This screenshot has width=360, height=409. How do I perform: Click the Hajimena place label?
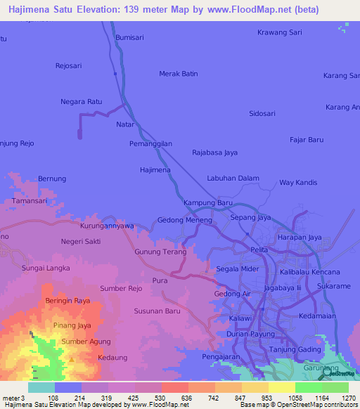pos(155,170)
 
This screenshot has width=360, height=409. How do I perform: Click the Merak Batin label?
pos(179,74)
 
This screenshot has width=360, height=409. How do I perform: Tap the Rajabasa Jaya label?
pos(214,152)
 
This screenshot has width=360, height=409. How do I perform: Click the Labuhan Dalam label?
pos(233,178)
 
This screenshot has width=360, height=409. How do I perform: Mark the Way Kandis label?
pos(298,183)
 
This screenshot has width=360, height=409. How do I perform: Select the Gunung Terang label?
pos(160,252)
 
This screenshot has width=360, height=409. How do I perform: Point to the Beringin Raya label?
pos(67,300)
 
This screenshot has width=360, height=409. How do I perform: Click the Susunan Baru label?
pos(157,310)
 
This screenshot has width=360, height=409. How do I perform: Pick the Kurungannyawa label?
pos(107,226)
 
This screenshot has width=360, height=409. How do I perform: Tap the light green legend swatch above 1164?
pos(308,387)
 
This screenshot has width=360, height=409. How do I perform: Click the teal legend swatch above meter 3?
pos(41,387)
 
